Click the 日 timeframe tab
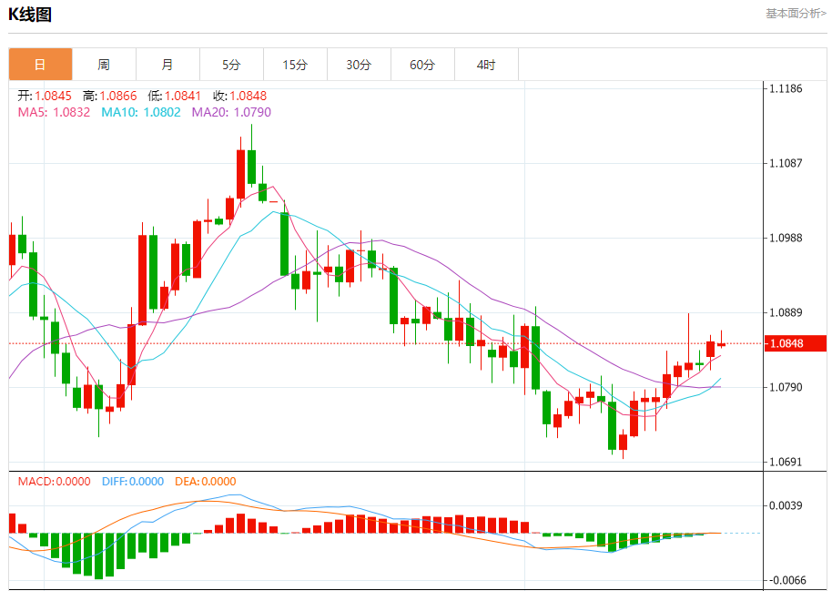(x=40, y=65)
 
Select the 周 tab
(x=104, y=65)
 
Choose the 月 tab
(x=167, y=65)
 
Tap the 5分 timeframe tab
(x=231, y=65)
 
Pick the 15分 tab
(x=295, y=65)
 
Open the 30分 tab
(x=359, y=65)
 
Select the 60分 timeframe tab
(x=422, y=65)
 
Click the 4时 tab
(x=486, y=65)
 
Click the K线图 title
(x=30, y=15)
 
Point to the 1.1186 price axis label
(x=786, y=88)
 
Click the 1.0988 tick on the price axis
(x=786, y=238)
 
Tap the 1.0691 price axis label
(x=786, y=462)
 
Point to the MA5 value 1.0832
(x=71, y=112)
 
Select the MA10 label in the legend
(x=117, y=112)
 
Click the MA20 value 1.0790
(x=252, y=112)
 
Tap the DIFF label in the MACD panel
(x=114, y=482)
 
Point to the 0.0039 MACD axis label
(x=786, y=505)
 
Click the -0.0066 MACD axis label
(x=786, y=580)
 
